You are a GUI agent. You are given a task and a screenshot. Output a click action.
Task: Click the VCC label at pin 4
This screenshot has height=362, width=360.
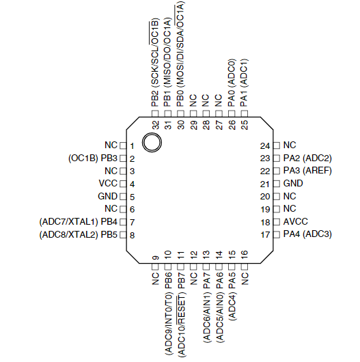point(108,183)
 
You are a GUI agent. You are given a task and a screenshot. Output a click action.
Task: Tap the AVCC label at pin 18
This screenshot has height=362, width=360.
point(296,221)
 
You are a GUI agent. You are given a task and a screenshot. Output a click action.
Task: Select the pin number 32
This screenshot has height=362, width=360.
point(156,125)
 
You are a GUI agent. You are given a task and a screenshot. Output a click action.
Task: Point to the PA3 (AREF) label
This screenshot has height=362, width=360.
point(307,171)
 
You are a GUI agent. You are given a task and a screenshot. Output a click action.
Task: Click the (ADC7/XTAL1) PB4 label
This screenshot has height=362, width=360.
point(79,222)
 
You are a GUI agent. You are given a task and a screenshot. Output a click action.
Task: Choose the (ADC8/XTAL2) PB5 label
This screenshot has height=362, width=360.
point(79,235)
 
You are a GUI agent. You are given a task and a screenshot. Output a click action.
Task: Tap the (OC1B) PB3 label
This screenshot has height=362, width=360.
point(93,158)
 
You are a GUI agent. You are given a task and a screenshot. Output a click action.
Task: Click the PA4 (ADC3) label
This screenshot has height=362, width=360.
point(307,234)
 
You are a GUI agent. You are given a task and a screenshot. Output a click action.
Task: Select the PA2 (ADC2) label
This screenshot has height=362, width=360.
point(307,158)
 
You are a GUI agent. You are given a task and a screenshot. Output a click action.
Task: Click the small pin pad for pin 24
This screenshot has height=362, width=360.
point(277,145)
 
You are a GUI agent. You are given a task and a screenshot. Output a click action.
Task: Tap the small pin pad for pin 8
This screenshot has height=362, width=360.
point(123,235)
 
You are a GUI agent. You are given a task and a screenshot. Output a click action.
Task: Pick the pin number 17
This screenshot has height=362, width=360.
point(265,235)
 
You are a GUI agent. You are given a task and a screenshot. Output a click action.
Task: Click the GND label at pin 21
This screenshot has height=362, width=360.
point(293,183)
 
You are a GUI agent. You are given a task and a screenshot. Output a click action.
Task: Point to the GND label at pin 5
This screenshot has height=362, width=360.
point(108,196)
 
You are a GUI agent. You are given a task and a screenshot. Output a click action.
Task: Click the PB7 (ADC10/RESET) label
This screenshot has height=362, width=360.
point(181,315)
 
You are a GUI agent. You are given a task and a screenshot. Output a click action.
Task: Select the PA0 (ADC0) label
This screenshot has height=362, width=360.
point(232,83)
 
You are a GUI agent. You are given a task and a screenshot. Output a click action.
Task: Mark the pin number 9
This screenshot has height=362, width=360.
point(156,257)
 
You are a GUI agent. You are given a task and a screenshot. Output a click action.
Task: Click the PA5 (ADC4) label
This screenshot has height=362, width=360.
point(232,296)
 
